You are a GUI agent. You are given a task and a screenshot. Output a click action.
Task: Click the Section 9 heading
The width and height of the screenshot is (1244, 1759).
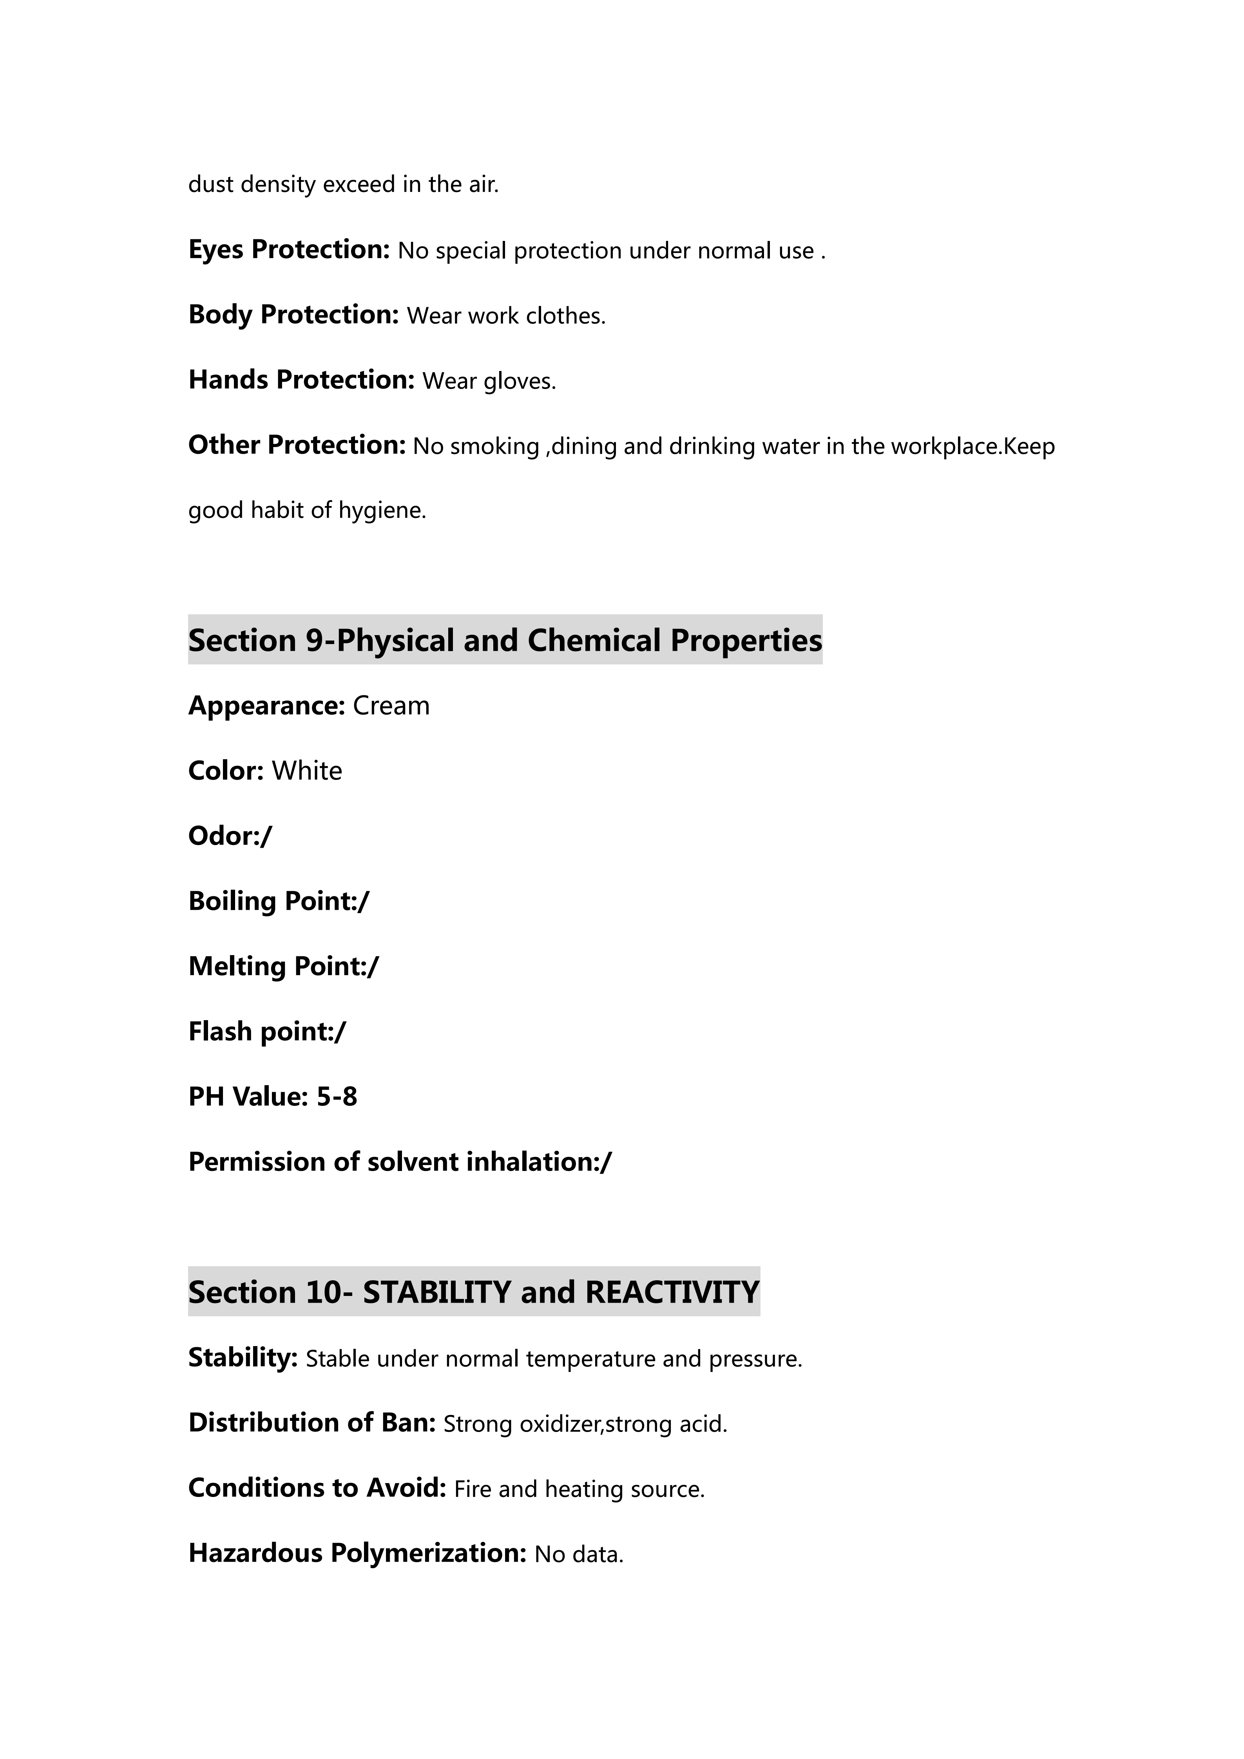[x=505, y=641]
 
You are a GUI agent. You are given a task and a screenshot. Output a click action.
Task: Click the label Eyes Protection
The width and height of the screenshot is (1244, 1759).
[x=289, y=250]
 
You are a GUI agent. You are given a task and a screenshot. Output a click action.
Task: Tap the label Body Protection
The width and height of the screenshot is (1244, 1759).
[x=293, y=315]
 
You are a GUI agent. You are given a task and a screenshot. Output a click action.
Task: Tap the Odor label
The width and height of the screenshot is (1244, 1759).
[x=224, y=836]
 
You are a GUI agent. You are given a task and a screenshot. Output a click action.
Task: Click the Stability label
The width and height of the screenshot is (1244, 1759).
[x=242, y=1357]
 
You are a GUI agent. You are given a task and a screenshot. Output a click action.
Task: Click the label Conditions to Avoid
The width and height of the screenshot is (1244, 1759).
[x=316, y=1488]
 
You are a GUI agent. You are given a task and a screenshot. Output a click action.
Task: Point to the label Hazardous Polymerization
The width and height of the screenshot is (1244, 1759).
[x=357, y=1553]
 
